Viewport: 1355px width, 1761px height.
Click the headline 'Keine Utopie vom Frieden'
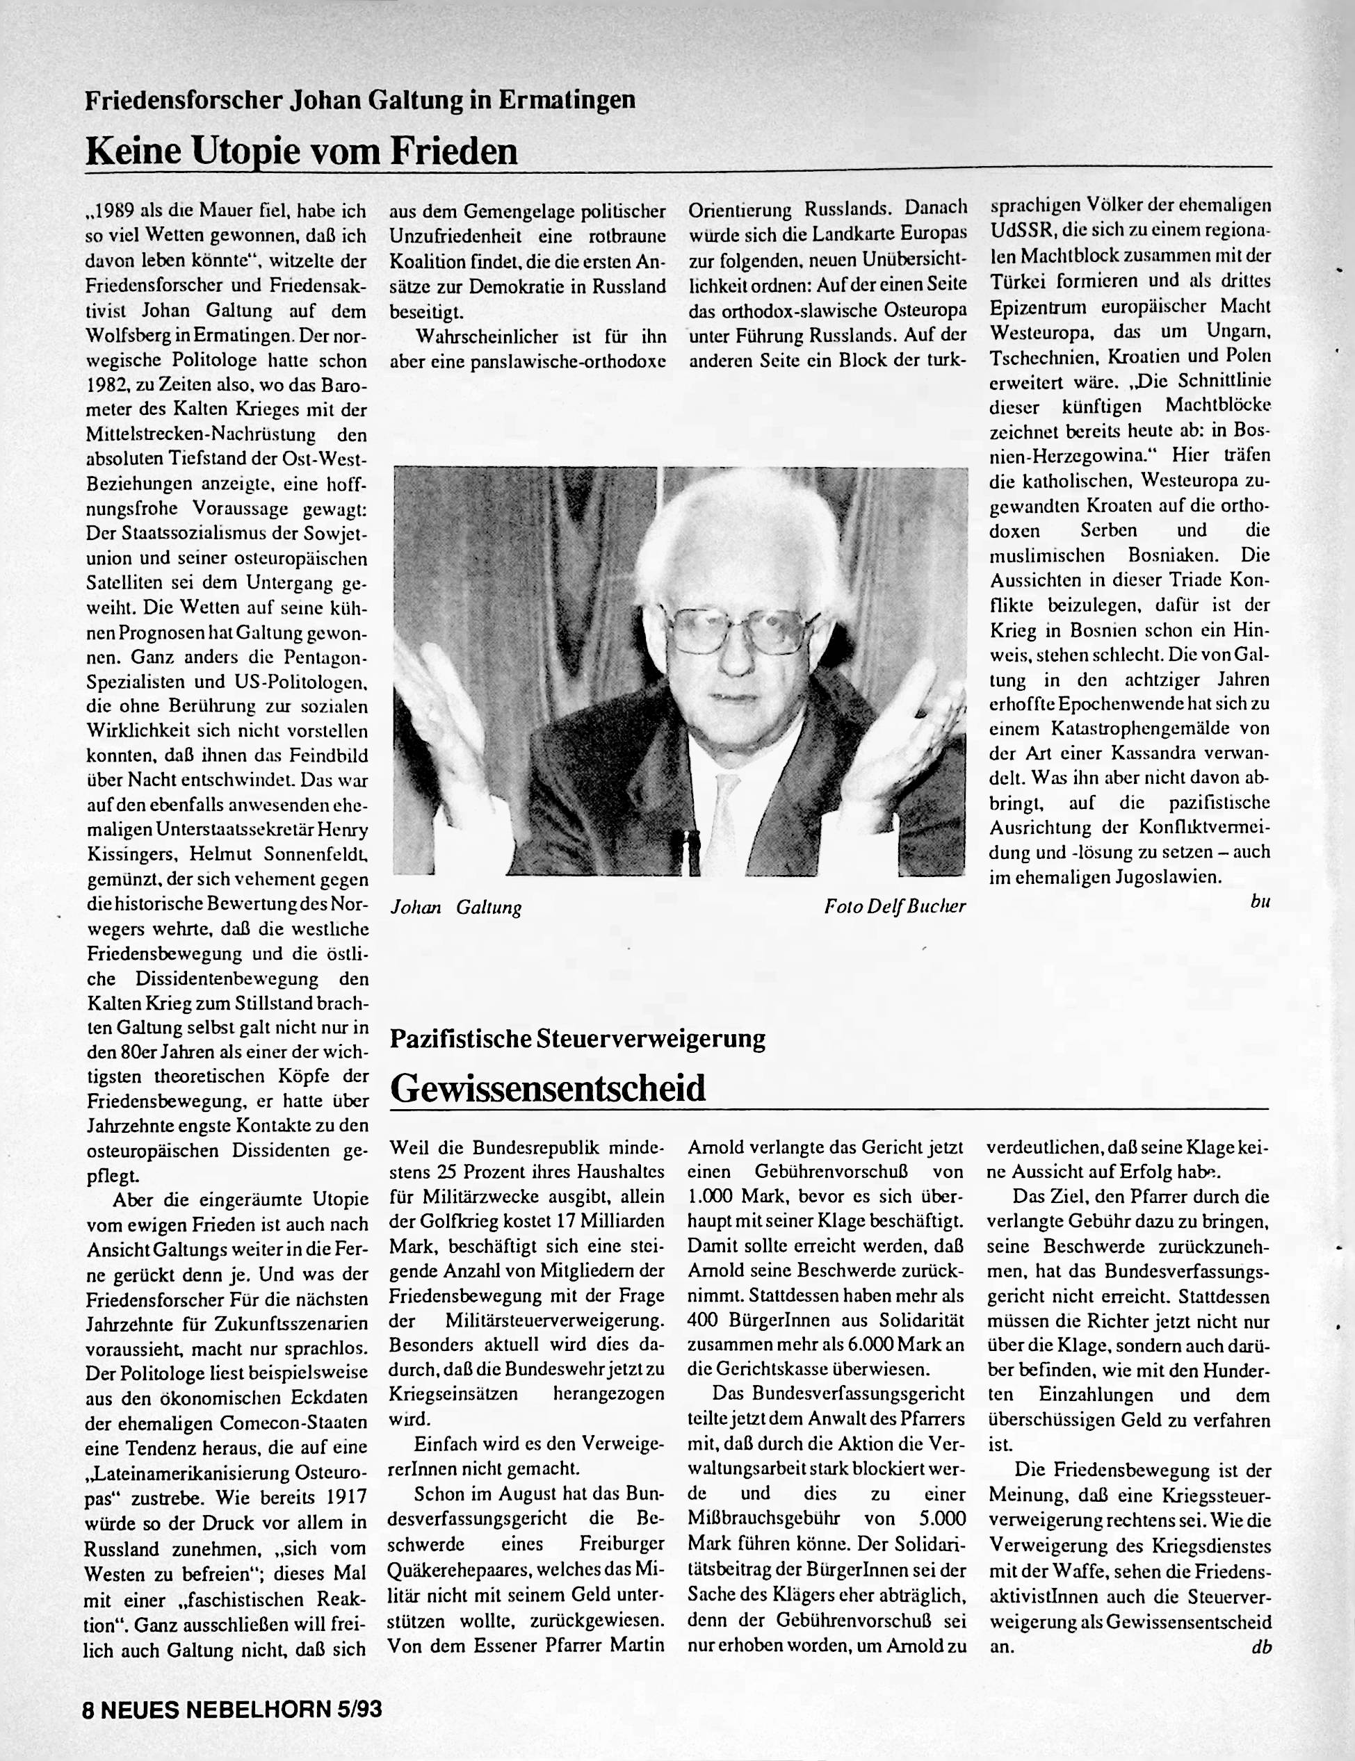[x=301, y=150]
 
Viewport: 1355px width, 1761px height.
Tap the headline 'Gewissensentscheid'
[x=548, y=1088]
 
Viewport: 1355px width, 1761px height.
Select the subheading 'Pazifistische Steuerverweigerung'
[x=578, y=1038]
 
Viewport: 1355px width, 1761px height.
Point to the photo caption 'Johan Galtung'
[x=455, y=908]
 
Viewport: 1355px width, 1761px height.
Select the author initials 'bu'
[x=1260, y=901]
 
